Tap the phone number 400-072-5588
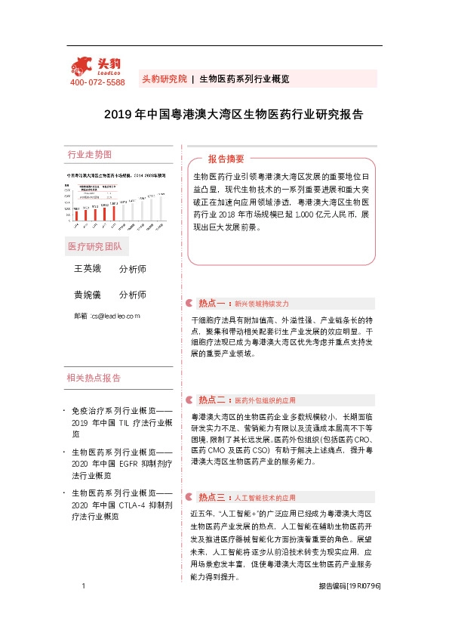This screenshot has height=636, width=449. pos(97,82)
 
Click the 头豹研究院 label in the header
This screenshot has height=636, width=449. pos(164,79)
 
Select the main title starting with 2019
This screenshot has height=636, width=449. pos(233,115)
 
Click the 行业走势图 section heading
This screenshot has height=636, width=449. pos(90,154)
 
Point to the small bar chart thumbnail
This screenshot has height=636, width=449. pos(117,201)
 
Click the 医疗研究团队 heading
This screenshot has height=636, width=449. pos(94,247)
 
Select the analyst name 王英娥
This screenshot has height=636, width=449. pos(86,269)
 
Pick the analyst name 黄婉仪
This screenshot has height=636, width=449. pos(86,295)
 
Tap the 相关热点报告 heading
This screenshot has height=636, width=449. pos(94,378)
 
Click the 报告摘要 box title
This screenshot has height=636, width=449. pos(226,159)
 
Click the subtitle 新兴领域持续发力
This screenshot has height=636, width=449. pos(261,304)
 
